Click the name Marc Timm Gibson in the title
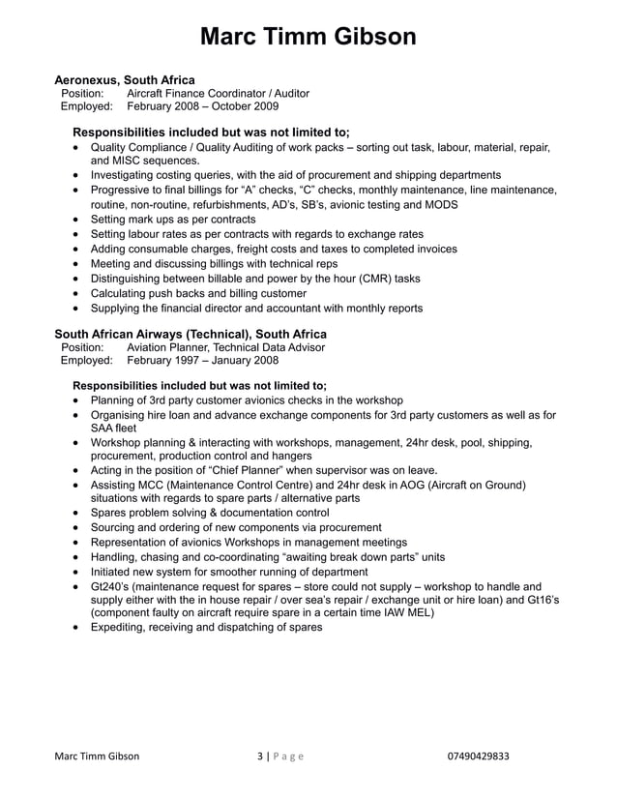308,37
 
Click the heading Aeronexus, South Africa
124,79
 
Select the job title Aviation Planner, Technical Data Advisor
225,347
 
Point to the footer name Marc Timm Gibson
97,756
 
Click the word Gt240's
113,587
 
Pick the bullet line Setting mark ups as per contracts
173,220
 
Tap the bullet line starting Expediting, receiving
206,627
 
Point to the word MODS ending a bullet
440,205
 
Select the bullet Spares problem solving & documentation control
210,513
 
